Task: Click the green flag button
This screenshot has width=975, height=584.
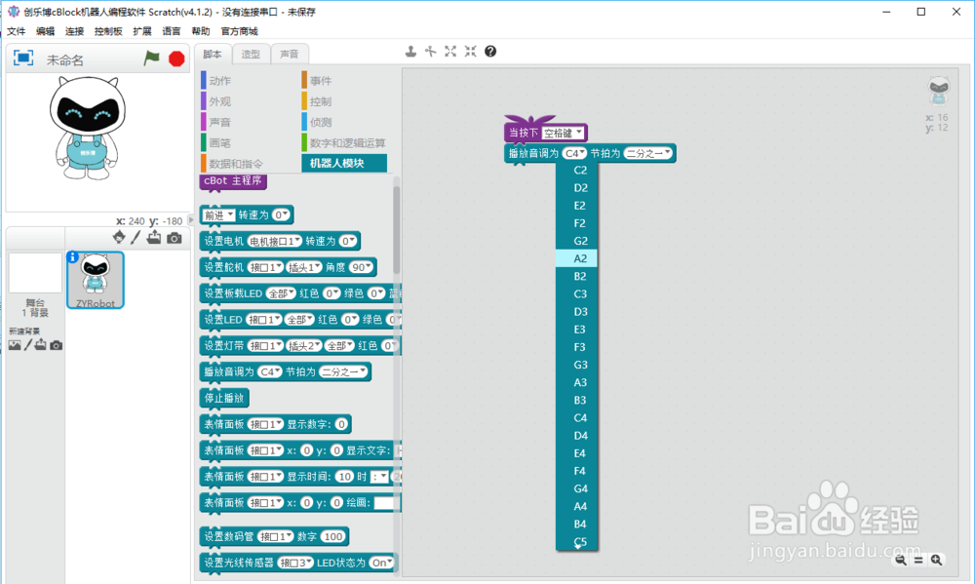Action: click(151, 58)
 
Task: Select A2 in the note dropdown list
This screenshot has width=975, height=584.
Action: click(580, 258)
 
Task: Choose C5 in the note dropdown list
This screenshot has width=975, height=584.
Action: click(580, 542)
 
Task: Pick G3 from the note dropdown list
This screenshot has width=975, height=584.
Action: click(580, 365)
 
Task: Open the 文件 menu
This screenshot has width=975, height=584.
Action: click(16, 31)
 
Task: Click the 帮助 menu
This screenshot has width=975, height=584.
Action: click(201, 31)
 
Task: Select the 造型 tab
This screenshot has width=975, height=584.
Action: click(251, 55)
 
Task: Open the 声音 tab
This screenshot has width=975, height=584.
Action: click(290, 55)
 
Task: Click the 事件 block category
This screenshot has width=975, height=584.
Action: click(321, 81)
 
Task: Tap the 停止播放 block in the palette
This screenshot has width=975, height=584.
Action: click(224, 398)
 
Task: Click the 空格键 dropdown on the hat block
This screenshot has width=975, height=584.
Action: click(564, 133)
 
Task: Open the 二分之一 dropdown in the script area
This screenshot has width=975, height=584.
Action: click(648, 153)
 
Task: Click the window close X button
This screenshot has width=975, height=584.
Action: click(955, 11)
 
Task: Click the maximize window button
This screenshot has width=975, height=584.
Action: click(921, 11)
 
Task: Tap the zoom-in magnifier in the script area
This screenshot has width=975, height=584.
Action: click(937, 560)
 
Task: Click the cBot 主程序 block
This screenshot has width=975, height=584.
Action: click(232, 181)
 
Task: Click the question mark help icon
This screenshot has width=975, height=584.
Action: click(490, 51)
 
